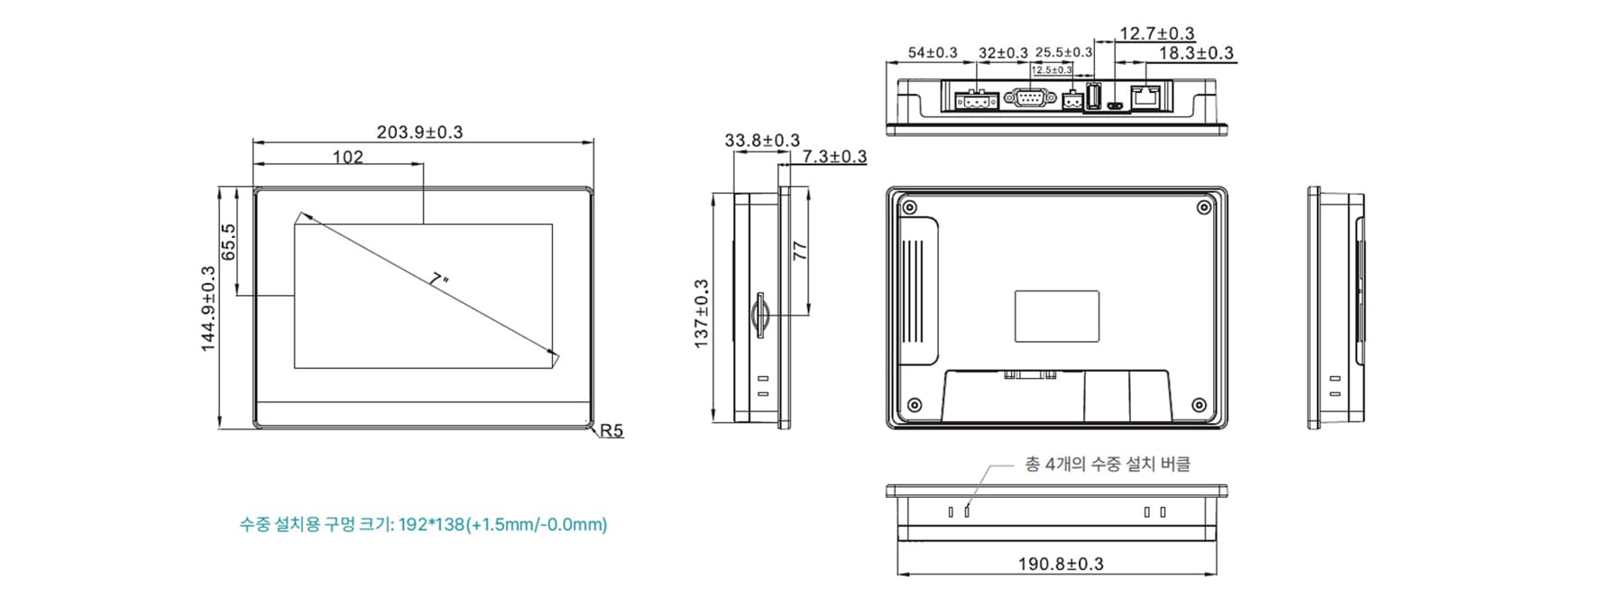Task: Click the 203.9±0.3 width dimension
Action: pyautogui.click(x=419, y=132)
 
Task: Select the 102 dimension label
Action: pyautogui.click(x=347, y=157)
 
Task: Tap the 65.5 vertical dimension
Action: pyautogui.click(x=228, y=242)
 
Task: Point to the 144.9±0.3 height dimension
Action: pyautogui.click(x=208, y=308)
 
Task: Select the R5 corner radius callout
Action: pyautogui.click(x=611, y=431)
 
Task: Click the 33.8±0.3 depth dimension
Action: pyautogui.click(x=761, y=141)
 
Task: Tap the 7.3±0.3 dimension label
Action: pyautogui.click(x=834, y=157)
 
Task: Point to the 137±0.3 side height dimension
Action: pyautogui.click(x=701, y=313)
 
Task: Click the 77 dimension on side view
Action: pyautogui.click(x=800, y=251)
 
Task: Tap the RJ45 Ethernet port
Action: pyautogui.click(x=1146, y=97)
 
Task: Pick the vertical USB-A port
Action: pyautogui.click(x=1093, y=97)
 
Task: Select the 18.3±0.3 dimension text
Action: pyautogui.click(x=1195, y=53)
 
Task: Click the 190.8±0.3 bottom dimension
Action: pyautogui.click(x=1061, y=564)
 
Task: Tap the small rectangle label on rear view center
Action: pyautogui.click(x=1056, y=316)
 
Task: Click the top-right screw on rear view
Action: pyautogui.click(x=1203, y=208)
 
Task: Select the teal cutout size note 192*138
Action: pyautogui.click(x=423, y=524)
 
